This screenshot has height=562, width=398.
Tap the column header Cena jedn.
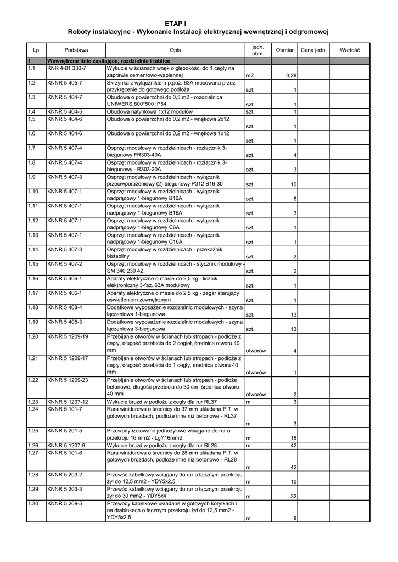(x=313, y=50)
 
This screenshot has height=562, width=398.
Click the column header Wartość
(x=349, y=50)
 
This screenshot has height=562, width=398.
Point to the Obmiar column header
(x=285, y=50)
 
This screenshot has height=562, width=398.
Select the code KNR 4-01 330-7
(x=66, y=68)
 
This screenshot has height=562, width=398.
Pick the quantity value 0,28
(x=291, y=75)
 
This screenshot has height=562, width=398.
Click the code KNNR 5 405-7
(x=65, y=82)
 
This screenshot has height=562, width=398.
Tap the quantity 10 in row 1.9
(x=294, y=184)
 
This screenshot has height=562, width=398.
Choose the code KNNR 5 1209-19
(x=68, y=336)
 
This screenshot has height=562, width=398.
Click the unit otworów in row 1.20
(x=256, y=351)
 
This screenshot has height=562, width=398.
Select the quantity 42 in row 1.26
(x=294, y=445)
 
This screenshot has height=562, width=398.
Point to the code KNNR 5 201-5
(x=65, y=431)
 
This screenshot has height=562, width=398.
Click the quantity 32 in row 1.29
(x=294, y=496)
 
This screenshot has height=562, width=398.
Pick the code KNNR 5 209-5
(x=65, y=503)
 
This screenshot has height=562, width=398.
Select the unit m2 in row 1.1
(x=250, y=75)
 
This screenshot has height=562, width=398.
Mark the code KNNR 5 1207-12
(x=68, y=402)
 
